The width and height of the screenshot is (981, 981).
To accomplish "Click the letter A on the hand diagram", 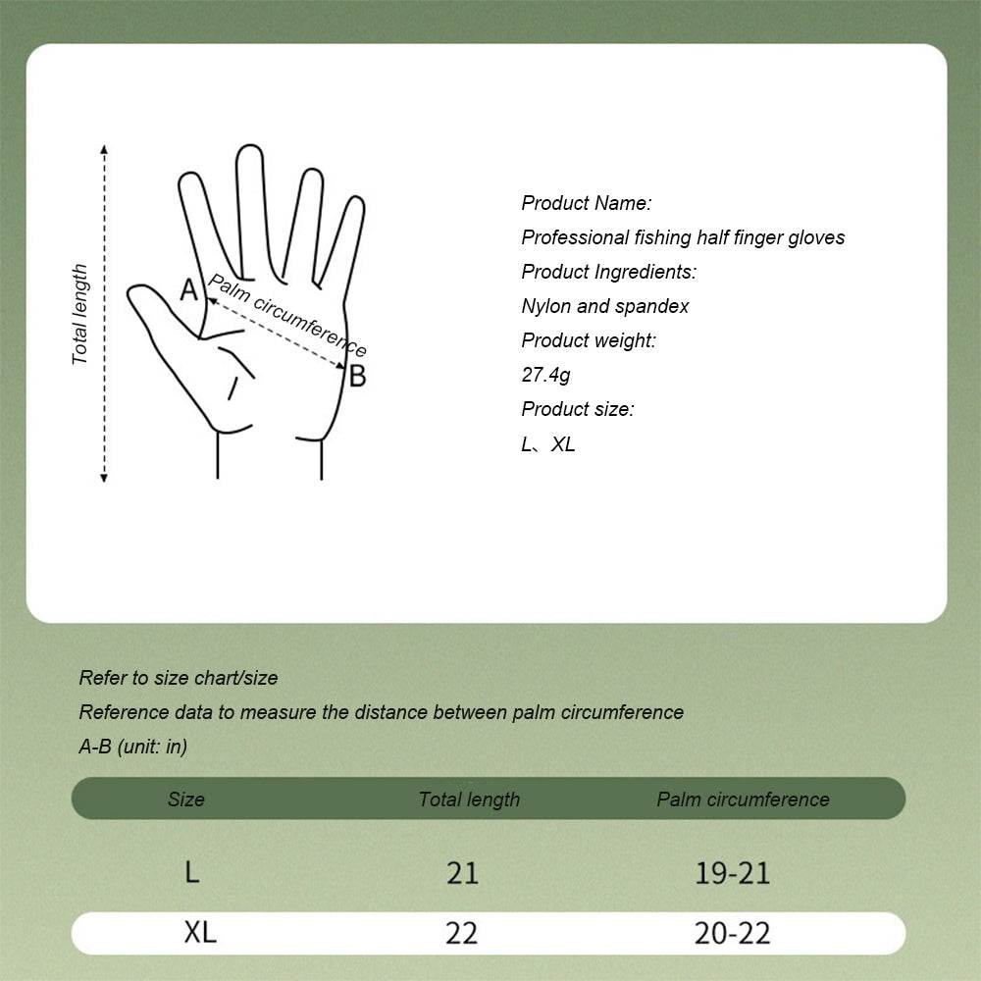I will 189,288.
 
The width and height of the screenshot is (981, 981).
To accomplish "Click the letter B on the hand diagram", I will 357,376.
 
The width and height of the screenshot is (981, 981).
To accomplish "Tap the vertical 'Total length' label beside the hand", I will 80,314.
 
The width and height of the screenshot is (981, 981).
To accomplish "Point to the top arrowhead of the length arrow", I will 104,149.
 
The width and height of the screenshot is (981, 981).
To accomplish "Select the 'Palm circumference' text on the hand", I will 287,316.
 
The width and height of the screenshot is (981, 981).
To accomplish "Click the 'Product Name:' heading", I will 587,203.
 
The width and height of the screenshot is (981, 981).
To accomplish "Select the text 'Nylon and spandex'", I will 604,306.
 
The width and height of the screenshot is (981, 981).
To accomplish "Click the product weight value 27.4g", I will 545,375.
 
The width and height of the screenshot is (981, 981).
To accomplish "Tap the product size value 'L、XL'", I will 548,443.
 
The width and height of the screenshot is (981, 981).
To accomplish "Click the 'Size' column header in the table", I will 185,799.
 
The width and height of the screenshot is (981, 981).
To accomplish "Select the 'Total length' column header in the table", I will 469,799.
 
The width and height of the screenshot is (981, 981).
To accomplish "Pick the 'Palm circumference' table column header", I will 743,799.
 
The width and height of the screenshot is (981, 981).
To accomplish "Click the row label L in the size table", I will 192,871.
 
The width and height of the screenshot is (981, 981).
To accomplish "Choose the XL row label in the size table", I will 200,932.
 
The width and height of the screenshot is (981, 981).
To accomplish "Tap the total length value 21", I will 462,872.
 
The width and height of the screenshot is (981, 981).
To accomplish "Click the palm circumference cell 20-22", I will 732,933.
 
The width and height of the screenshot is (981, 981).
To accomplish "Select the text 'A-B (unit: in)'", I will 133,747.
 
